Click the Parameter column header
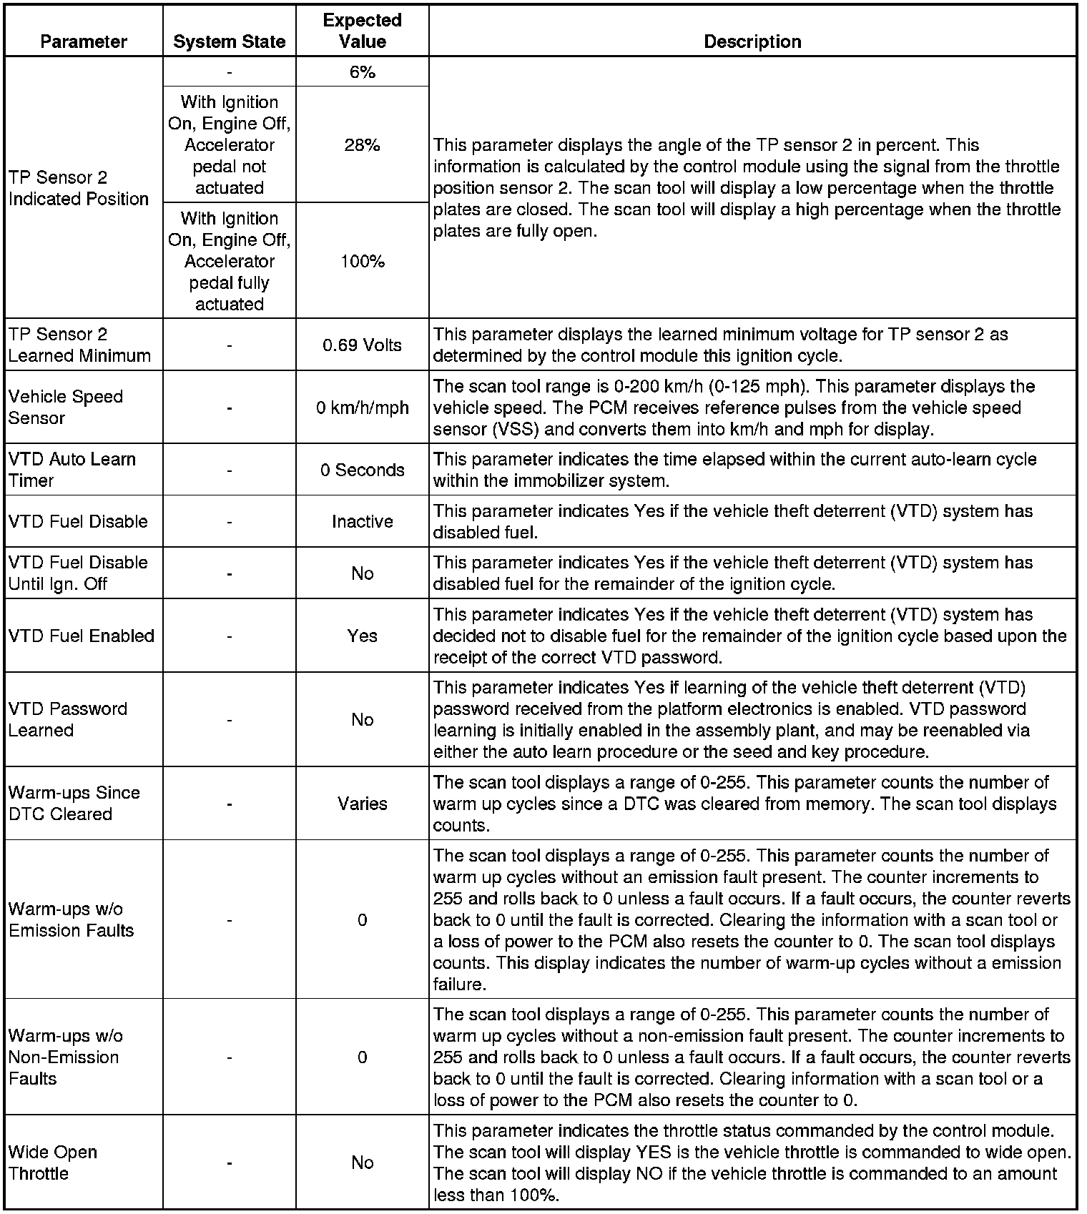[x=84, y=42]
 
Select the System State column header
[x=229, y=42]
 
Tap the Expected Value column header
[x=363, y=31]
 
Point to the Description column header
[x=752, y=42]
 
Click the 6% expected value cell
[x=363, y=72]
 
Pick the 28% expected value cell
[x=363, y=145]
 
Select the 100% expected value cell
[x=363, y=262]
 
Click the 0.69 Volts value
[x=363, y=345]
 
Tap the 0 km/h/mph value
[x=363, y=408]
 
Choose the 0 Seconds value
[x=363, y=470]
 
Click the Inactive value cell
[x=363, y=522]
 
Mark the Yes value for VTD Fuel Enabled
[x=363, y=636]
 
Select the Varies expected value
[x=363, y=804]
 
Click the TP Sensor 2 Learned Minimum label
[x=79, y=345]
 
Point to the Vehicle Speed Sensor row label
[x=66, y=407]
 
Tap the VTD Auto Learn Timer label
[x=72, y=470]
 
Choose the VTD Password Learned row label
[x=68, y=719]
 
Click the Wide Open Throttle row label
[x=53, y=1163]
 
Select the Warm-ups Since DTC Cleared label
[x=74, y=803]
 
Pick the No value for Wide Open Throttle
[x=363, y=1163]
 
